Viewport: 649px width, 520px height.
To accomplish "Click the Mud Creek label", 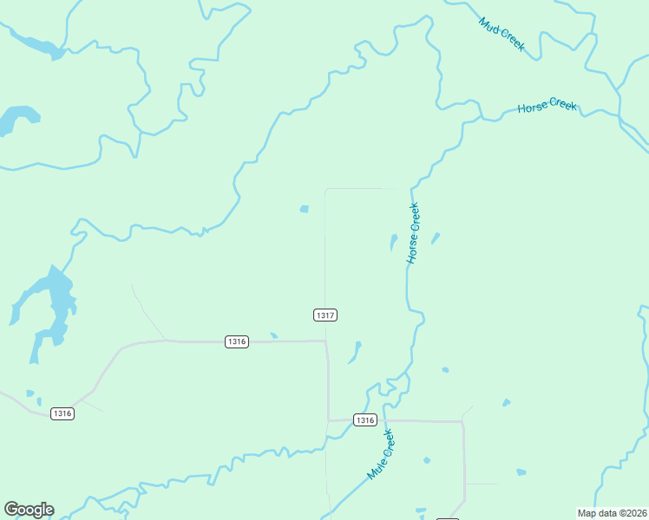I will click(x=501, y=34).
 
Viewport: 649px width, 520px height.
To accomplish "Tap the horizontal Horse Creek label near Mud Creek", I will click(x=547, y=107).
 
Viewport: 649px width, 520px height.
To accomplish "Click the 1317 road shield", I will click(x=324, y=315).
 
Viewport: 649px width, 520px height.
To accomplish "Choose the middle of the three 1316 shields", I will click(x=237, y=341).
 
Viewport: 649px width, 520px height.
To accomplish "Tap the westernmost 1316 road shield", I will click(x=62, y=413).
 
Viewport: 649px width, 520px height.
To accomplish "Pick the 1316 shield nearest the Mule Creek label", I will click(x=365, y=420).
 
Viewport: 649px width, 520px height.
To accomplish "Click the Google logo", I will click(x=29, y=510).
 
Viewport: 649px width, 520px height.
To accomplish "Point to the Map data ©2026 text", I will click(x=612, y=513).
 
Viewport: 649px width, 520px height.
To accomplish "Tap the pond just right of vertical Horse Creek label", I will click(x=435, y=237).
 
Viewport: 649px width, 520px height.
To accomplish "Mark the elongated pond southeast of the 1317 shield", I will click(x=356, y=351).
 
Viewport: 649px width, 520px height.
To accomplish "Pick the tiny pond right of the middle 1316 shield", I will click(x=274, y=335).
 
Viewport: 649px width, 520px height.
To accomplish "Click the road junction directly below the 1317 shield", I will click(x=326, y=341).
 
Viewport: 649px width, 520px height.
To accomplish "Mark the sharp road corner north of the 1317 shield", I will click(x=325, y=189).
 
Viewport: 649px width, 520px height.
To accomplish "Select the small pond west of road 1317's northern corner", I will click(x=304, y=209).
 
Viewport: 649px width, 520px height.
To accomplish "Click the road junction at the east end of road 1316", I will click(x=462, y=422).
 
